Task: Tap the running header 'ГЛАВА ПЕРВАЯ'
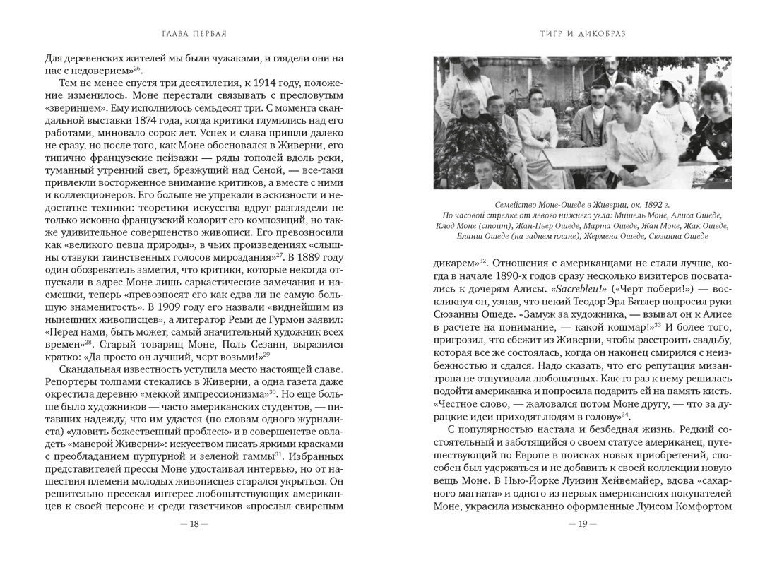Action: [x=194, y=34]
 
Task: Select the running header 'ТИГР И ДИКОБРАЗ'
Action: [x=582, y=34]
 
